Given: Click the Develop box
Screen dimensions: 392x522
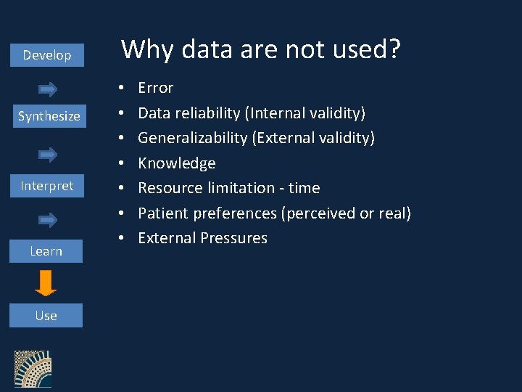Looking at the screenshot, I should tap(47, 55).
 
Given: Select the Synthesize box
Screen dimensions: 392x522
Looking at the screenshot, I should tap(49, 116).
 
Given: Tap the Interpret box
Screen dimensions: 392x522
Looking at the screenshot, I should tap(47, 186).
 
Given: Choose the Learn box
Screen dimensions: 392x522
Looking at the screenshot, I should tap(46, 251).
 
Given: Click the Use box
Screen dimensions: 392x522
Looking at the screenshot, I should tap(46, 316).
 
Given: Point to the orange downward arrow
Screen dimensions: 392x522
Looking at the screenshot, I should tap(46, 282).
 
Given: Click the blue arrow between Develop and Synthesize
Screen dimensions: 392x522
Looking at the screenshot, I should tap(48, 89).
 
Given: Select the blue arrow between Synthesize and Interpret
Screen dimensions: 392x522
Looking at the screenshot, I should tap(48, 154).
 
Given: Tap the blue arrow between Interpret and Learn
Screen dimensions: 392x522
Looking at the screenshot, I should tap(48, 219).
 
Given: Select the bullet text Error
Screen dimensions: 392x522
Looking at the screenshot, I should tap(156, 88).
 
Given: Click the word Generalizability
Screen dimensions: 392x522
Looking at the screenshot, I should tap(193, 138).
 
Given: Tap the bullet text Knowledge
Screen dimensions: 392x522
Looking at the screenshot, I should tap(177, 163).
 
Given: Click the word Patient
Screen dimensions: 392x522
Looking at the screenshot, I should tap(163, 213).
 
